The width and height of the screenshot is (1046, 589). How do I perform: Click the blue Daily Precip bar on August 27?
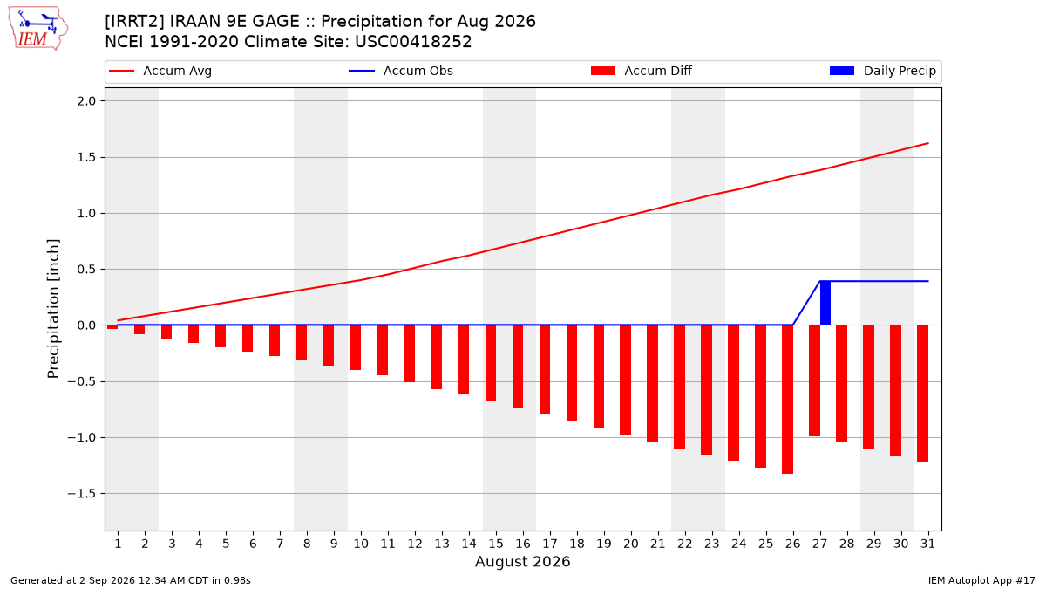click(825, 303)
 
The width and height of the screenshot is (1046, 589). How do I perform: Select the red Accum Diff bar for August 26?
click(787, 400)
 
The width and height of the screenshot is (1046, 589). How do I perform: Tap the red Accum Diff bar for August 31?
click(922, 394)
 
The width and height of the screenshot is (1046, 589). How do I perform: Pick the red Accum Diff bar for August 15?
click(490, 363)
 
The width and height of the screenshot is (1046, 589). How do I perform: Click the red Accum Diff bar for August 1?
click(112, 326)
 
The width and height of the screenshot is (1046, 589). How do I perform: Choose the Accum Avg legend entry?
click(160, 71)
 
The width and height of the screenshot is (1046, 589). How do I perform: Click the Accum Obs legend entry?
click(401, 71)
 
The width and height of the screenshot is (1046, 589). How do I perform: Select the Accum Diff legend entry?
click(642, 71)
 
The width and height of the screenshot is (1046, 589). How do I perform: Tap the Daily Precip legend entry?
click(882, 71)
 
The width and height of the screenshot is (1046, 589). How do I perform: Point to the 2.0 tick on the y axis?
click(86, 101)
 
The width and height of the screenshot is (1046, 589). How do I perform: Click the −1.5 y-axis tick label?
click(82, 494)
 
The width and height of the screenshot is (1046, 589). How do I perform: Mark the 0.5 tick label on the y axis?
click(86, 270)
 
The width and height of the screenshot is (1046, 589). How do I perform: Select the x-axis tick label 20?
click(631, 544)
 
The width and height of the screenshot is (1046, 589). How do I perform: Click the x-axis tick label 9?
click(334, 544)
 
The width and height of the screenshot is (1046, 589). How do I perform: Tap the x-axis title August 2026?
click(522, 561)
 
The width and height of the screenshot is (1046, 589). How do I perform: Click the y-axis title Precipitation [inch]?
click(53, 309)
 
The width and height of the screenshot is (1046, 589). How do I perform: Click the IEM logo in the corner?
click(37, 29)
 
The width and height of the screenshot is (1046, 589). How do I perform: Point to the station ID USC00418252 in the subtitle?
click(413, 42)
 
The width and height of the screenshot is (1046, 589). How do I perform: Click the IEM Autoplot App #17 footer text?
click(981, 580)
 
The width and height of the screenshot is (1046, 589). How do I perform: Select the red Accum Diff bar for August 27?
click(814, 380)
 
